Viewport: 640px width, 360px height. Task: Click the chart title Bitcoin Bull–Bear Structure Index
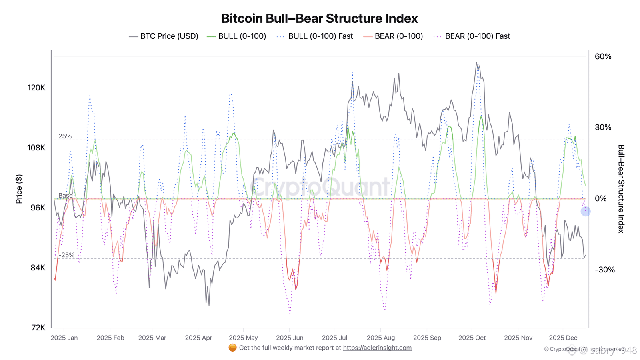click(x=320, y=18)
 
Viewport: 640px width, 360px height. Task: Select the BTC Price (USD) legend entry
click(x=164, y=36)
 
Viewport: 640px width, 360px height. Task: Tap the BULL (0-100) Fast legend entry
click(x=315, y=36)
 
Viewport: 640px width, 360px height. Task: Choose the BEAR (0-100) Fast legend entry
click(x=472, y=36)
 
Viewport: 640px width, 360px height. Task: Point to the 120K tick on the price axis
click(x=36, y=88)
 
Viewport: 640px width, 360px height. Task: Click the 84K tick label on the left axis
click(x=38, y=268)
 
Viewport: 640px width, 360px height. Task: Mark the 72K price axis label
click(x=38, y=328)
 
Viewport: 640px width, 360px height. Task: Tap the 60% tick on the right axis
click(x=603, y=56)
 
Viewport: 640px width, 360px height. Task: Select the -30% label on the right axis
click(x=604, y=270)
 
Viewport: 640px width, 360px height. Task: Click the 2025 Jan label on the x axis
click(x=64, y=338)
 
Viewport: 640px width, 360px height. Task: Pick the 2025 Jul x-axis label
click(x=334, y=338)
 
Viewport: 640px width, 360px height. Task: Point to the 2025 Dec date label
click(x=563, y=338)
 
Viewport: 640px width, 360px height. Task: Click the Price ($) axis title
click(x=19, y=189)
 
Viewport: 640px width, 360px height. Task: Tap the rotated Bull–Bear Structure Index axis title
click(x=621, y=189)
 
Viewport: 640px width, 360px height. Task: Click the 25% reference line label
click(x=65, y=136)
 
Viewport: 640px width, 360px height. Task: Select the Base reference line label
click(x=66, y=196)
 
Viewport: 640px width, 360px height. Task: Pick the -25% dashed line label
click(x=66, y=255)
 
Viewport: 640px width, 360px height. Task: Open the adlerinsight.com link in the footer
click(x=377, y=348)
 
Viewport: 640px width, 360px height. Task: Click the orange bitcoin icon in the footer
click(x=232, y=348)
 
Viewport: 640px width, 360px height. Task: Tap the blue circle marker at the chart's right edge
click(x=586, y=211)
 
